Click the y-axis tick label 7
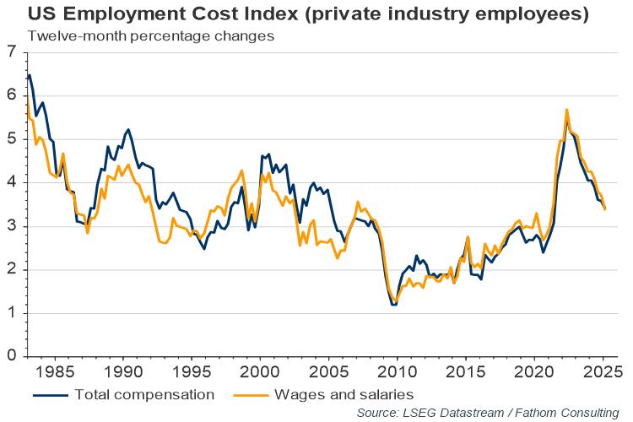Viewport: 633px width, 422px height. coord(11,52)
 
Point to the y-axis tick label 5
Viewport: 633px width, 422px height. coord(11,139)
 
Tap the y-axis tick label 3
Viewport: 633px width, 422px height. coord(11,226)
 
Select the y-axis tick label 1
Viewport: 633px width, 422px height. coord(11,313)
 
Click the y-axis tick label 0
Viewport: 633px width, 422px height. coord(11,356)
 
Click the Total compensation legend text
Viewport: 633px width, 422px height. coord(144,394)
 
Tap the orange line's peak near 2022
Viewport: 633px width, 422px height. coord(566,110)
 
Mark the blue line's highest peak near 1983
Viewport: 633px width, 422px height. coord(30,75)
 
